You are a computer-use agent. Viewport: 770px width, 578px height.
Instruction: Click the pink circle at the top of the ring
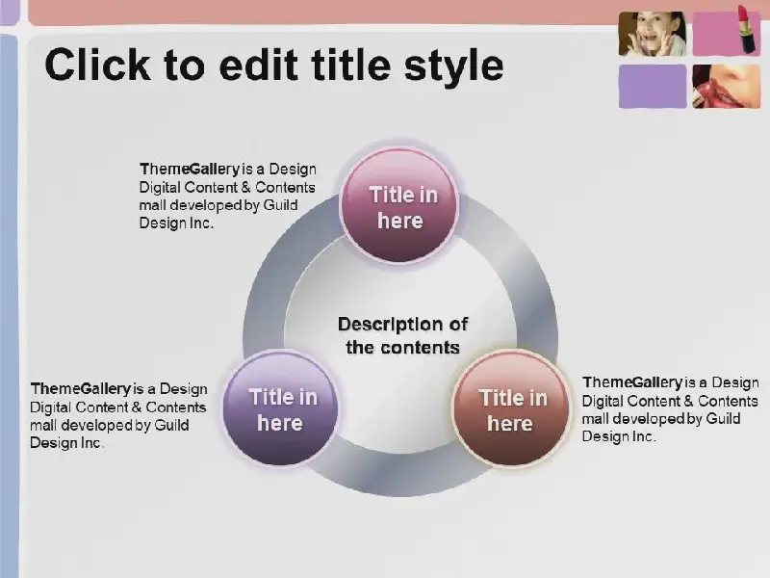[x=399, y=205]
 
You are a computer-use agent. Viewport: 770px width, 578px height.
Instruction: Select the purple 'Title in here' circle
[x=281, y=407]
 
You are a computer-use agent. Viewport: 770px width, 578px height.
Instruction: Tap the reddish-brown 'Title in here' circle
[x=511, y=407]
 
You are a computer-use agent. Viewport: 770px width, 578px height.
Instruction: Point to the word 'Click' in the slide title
[x=98, y=65]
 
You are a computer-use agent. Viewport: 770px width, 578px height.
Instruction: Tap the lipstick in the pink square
[x=747, y=29]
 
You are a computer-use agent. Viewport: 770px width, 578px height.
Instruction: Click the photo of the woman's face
[x=653, y=34]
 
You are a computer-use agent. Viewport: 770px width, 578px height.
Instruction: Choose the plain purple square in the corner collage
[x=653, y=86]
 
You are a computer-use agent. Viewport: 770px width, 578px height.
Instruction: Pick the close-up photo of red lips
[x=727, y=86]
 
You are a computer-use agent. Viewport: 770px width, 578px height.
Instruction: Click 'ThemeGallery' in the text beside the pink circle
[x=190, y=170]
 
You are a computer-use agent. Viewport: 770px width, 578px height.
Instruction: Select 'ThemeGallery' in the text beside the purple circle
[x=81, y=389]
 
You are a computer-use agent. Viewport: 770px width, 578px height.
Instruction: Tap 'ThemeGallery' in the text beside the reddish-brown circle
[x=632, y=382]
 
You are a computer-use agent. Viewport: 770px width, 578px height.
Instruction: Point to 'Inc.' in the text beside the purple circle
[x=91, y=443]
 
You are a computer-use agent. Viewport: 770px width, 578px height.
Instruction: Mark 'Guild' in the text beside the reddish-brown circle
[x=723, y=419]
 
